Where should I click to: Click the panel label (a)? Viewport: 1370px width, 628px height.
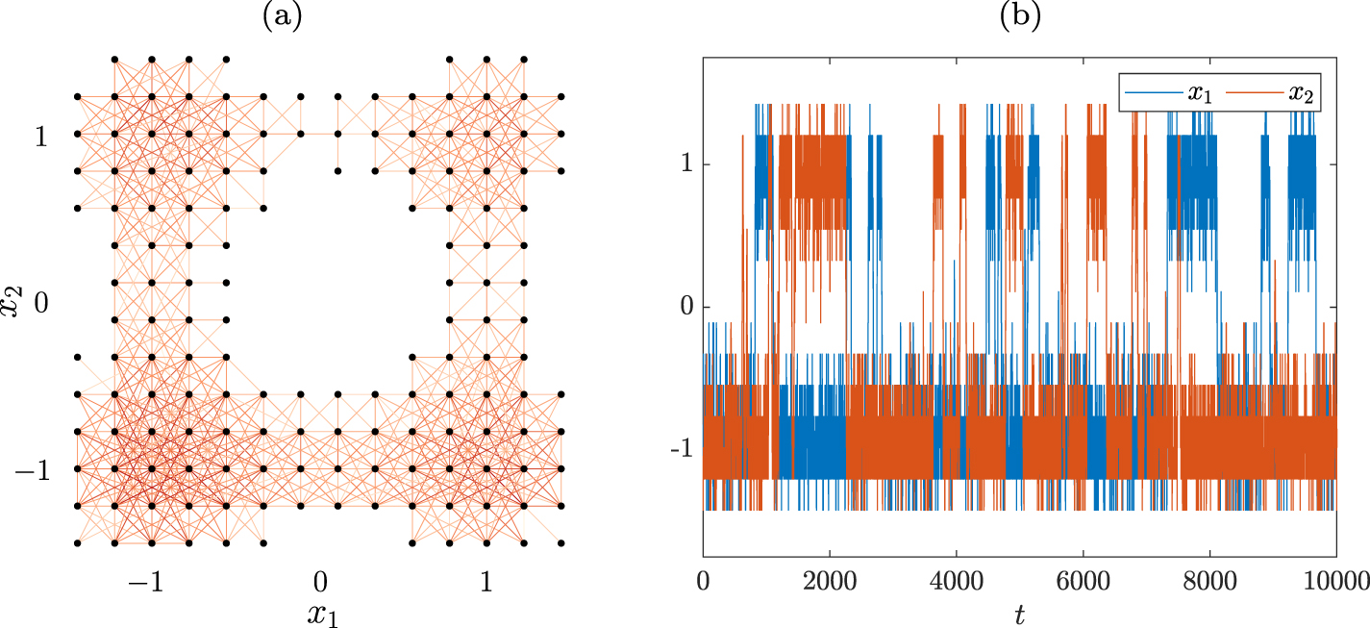[282, 15]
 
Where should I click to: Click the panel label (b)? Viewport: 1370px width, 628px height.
[1020, 15]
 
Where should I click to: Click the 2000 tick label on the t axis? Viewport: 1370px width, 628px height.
[830, 580]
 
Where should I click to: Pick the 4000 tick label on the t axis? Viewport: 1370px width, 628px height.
[957, 580]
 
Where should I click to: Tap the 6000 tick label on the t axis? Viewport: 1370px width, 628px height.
[1084, 580]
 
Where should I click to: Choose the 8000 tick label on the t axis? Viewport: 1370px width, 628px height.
[1210, 580]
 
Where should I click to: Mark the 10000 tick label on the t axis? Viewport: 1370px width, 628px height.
[1336, 580]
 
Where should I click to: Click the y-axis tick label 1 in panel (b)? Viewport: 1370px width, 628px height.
[685, 164]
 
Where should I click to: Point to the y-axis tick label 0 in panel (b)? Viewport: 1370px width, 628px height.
[685, 308]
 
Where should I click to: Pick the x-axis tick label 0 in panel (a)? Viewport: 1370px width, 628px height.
[320, 581]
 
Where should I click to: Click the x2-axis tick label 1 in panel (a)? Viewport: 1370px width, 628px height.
[40, 136]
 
